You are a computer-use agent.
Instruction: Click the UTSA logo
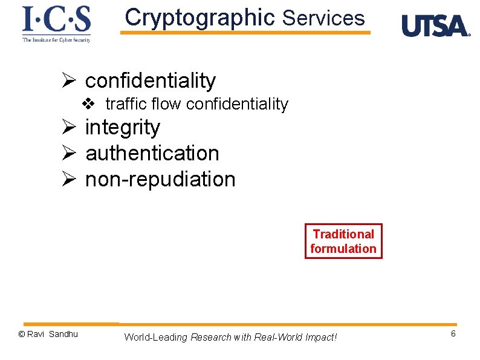(x=435, y=26)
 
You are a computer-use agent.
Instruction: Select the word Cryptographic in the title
(x=199, y=18)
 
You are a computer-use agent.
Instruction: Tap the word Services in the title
(x=323, y=18)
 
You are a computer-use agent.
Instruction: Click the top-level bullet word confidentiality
(x=150, y=80)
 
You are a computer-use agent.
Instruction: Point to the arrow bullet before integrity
(x=68, y=128)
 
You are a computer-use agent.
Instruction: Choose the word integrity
(x=123, y=128)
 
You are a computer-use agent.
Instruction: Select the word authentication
(x=152, y=153)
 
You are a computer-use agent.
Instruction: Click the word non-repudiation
(x=160, y=179)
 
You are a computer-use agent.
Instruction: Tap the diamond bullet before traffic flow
(x=88, y=104)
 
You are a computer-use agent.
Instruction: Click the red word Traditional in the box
(x=343, y=234)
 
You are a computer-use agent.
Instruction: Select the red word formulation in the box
(x=343, y=249)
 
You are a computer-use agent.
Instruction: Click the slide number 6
(x=453, y=335)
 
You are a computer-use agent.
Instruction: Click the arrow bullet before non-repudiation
(x=68, y=180)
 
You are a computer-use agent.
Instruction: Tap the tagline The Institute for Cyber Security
(x=56, y=39)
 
